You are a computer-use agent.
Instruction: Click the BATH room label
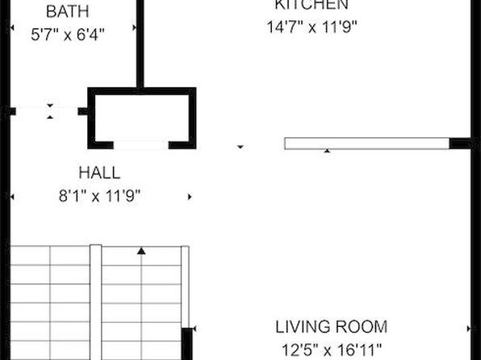[x=68, y=11]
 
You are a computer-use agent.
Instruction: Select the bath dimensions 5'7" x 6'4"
[x=68, y=34]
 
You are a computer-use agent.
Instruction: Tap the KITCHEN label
[x=312, y=5]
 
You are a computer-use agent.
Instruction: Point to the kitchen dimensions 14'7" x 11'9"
[x=312, y=27]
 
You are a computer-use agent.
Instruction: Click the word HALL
[x=99, y=173]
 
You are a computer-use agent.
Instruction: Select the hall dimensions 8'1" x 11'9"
[x=99, y=196]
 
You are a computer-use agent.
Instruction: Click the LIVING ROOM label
[x=332, y=327]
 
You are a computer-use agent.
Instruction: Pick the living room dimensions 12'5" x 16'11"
[x=332, y=350]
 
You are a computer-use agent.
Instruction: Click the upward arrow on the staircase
[x=141, y=251]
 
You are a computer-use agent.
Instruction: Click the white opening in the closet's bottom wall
[x=141, y=145]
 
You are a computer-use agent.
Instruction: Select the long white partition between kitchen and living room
[x=367, y=144]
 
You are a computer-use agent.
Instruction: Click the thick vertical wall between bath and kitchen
[x=140, y=44]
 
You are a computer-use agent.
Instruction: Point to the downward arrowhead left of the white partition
[x=240, y=147]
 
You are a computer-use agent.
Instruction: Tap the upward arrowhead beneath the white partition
[x=328, y=151]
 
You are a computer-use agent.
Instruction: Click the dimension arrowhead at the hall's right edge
[x=190, y=197]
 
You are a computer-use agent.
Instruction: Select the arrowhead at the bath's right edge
[x=134, y=28]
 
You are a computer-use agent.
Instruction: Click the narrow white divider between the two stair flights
[x=96, y=303]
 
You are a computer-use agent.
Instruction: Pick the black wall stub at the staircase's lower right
[x=186, y=344]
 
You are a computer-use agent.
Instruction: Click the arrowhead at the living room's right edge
[x=468, y=329]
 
